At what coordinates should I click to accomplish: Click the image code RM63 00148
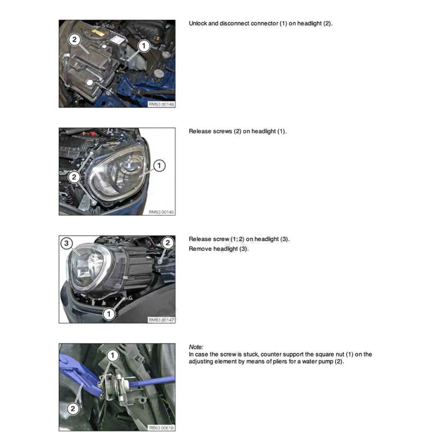[x=161, y=104]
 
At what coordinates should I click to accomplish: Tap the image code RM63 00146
[x=161, y=212]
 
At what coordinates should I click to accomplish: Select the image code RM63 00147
[x=161, y=320]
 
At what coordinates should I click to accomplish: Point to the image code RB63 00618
[x=161, y=428]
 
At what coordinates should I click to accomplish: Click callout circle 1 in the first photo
[x=144, y=45]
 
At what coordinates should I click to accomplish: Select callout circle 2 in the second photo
[x=74, y=176]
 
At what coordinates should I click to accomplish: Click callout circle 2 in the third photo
[x=168, y=243]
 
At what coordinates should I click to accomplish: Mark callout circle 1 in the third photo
[x=109, y=315]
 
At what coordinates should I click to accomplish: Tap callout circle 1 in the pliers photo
[x=113, y=355]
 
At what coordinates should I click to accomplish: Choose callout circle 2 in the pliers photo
[x=73, y=408]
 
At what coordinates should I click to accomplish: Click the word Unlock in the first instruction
[x=198, y=23]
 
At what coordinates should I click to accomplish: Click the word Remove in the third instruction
[x=199, y=249]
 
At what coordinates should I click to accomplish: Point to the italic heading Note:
[x=196, y=347]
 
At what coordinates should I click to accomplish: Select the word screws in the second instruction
[x=223, y=131]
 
